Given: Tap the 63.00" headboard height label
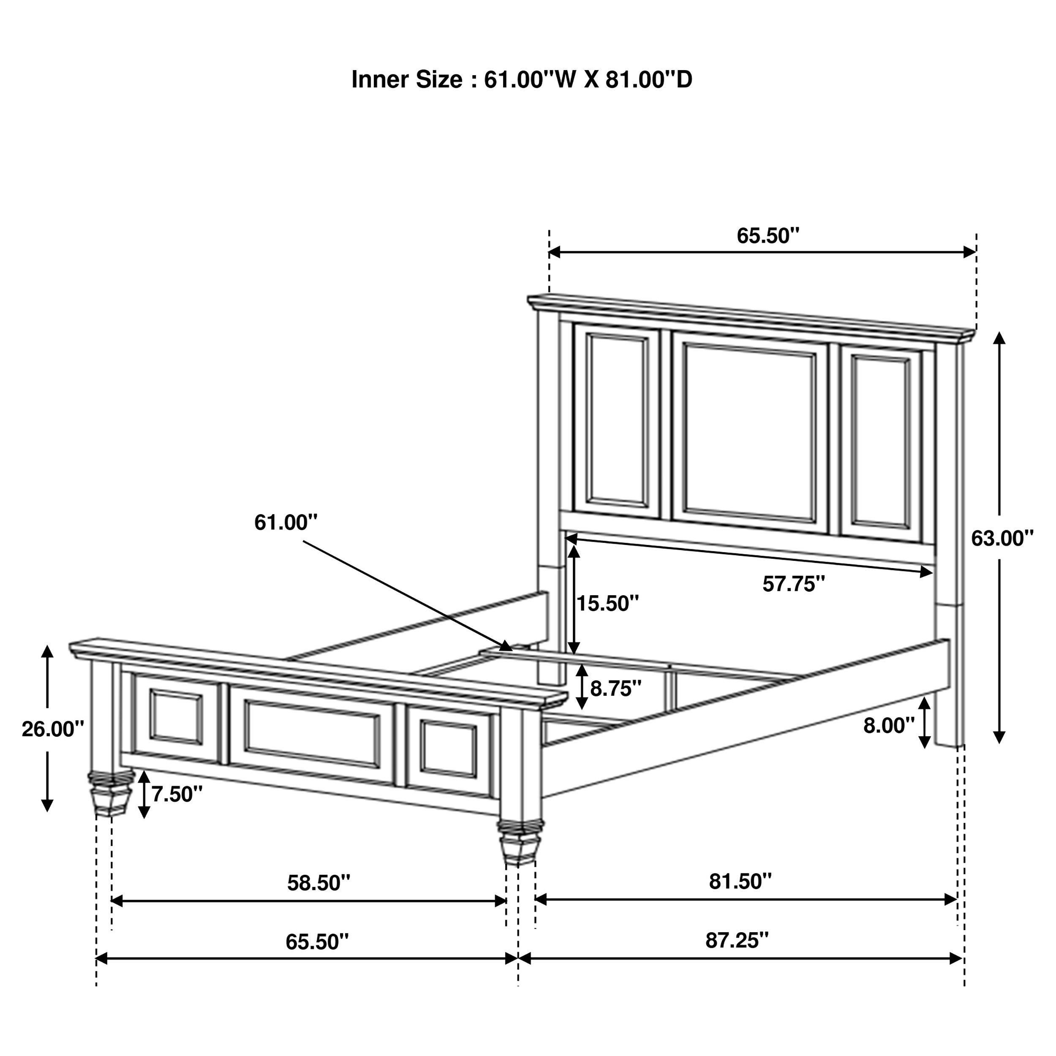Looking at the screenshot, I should pyautogui.click(x=1002, y=539).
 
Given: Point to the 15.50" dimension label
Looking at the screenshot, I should pyautogui.click(x=608, y=604).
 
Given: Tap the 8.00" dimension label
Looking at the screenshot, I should pyautogui.click(x=889, y=726).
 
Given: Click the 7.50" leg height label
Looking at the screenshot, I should pyautogui.click(x=177, y=794).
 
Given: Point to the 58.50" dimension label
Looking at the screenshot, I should pyautogui.click(x=318, y=883).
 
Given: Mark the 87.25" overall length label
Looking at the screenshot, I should pyautogui.click(x=737, y=941).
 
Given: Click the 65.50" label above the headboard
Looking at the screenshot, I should pyautogui.click(x=768, y=236).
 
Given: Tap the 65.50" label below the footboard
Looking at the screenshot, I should pyautogui.click(x=317, y=942).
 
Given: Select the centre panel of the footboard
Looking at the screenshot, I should pyautogui.click(x=312, y=734).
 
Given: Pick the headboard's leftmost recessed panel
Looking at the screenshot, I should pyautogui.click(x=617, y=420).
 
